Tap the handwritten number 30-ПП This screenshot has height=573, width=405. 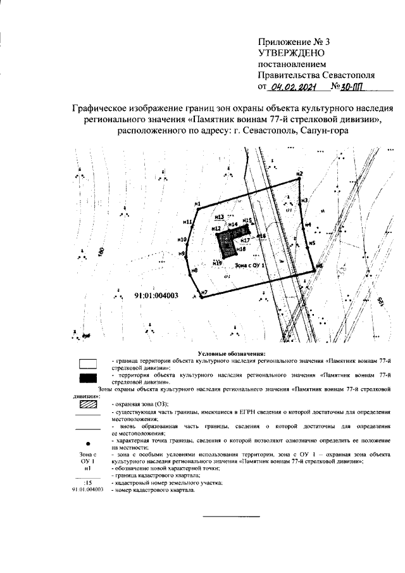347,88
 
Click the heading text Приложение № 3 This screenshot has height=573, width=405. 294,42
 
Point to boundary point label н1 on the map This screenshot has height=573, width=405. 197,204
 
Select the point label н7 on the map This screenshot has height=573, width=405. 204,293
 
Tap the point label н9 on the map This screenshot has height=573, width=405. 182,253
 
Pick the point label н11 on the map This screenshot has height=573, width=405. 187,222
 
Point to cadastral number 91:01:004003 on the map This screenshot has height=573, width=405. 156,295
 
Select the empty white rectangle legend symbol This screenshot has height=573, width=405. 87,363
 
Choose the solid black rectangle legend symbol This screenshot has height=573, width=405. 87,379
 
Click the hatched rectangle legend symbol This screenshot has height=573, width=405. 87,403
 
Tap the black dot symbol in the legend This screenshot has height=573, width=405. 87,444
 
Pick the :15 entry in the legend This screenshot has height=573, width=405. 87,482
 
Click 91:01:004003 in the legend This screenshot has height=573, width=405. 87,489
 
